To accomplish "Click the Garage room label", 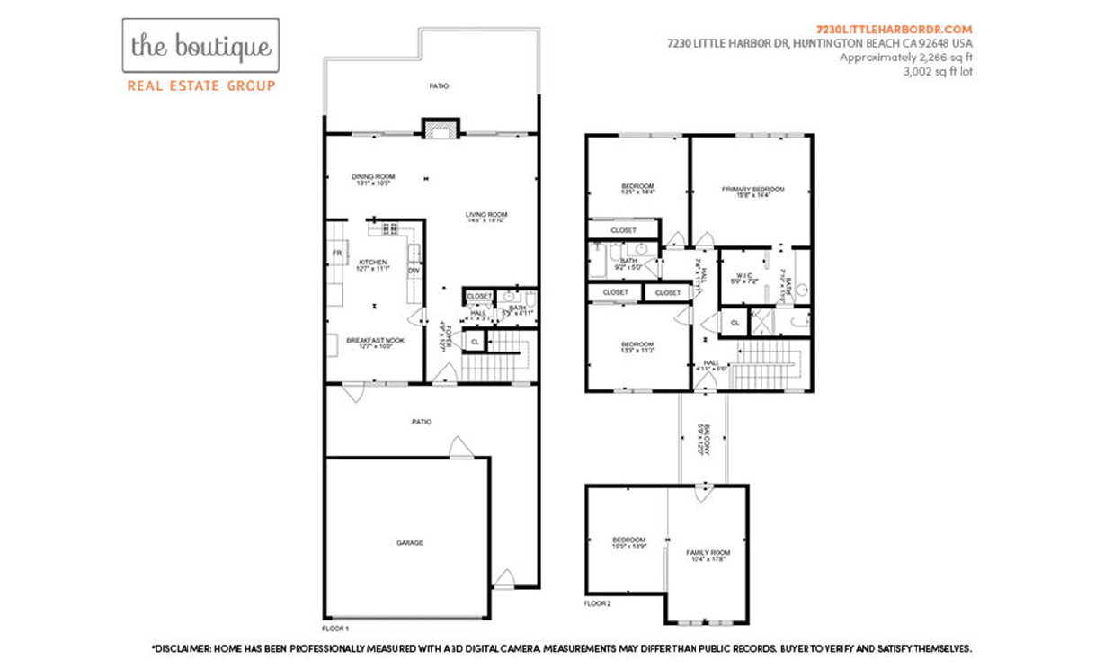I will pyautogui.click(x=410, y=542).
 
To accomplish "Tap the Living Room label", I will pyautogui.click(x=486, y=215).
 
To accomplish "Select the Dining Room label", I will pyautogui.click(x=373, y=176).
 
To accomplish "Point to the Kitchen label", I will pyautogui.click(x=372, y=263).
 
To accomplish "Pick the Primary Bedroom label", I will pyautogui.click(x=752, y=189).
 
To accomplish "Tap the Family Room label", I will pyautogui.click(x=708, y=552).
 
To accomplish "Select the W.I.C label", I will pyautogui.click(x=743, y=275).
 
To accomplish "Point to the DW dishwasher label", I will pyautogui.click(x=414, y=270).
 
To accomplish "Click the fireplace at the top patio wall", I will pyautogui.click(x=440, y=129).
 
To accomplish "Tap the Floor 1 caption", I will pyautogui.click(x=335, y=628).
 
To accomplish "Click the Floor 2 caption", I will pyautogui.click(x=597, y=603).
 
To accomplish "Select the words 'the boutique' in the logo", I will pyautogui.click(x=200, y=47).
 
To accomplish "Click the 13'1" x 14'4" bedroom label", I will pyautogui.click(x=638, y=189).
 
